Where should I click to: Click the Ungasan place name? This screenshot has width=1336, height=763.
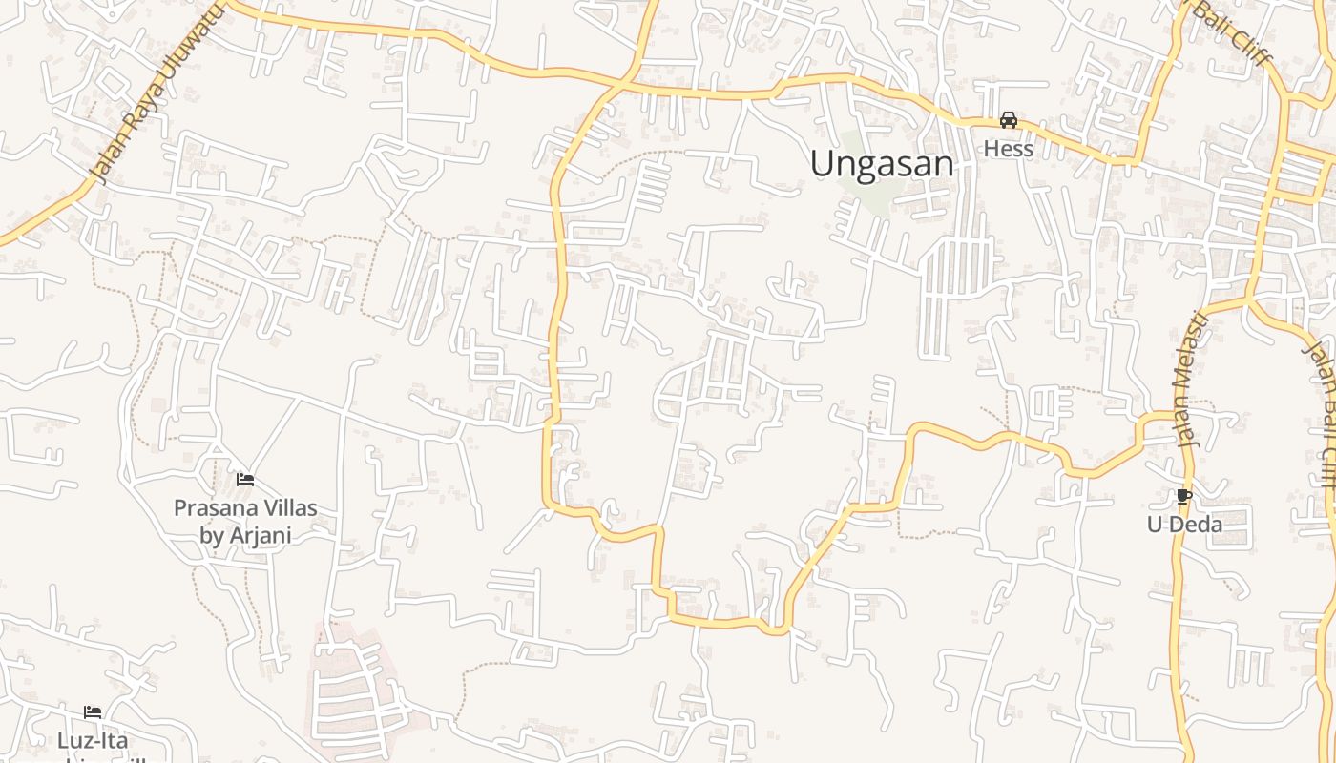[882, 164]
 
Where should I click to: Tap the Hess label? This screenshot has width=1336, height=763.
[1008, 149]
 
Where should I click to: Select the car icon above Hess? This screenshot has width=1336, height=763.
[1008, 120]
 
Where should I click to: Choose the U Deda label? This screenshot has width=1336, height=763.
[1184, 525]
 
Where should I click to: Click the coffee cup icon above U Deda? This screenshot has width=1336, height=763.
[1184, 497]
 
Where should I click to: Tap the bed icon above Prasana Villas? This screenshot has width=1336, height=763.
[245, 480]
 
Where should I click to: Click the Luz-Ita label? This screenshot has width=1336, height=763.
[93, 741]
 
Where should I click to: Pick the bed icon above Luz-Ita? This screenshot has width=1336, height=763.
[93, 712]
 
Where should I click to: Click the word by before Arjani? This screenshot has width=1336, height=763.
[211, 535]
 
